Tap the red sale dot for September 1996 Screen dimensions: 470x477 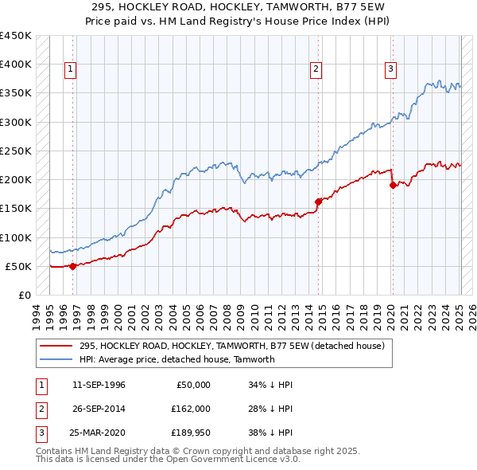point(73,266)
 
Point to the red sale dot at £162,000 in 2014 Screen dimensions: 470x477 point(318,202)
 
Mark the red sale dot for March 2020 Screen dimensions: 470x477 point(393,186)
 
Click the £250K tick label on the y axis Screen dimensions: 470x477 point(16,151)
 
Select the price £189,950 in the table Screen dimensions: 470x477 point(188,433)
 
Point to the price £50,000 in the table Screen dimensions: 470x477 point(191,385)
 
